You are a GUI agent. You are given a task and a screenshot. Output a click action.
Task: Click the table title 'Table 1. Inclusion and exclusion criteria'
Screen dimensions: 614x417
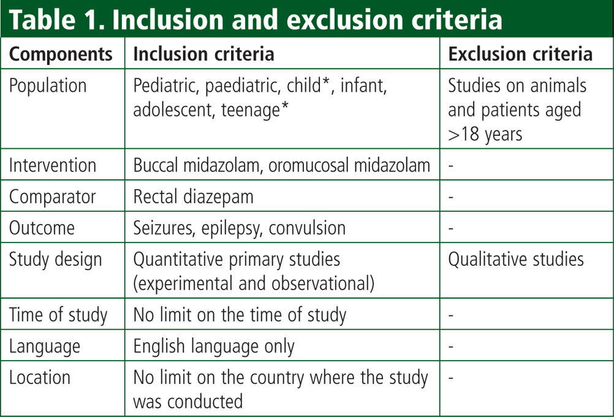pyautogui.click(x=256, y=20)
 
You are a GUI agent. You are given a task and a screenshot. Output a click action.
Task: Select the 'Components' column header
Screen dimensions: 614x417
pyautogui.click(x=61, y=54)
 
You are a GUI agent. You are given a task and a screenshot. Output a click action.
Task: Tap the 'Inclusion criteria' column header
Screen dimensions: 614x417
pyautogui.click(x=203, y=54)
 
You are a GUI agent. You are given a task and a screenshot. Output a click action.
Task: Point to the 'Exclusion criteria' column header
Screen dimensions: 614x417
pyautogui.click(x=520, y=54)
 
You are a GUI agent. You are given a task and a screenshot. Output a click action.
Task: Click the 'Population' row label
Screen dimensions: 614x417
pyautogui.click(x=48, y=86)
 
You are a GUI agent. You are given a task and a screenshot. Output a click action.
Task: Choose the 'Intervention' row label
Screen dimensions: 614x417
pyautogui.click(x=53, y=165)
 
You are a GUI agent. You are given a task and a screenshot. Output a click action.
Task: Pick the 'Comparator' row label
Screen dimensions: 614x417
pyautogui.click(x=52, y=197)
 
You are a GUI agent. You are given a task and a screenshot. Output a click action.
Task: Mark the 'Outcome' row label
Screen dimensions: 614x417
pyautogui.click(x=42, y=228)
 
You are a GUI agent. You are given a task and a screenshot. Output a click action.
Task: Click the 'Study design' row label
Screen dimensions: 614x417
pyautogui.click(x=55, y=260)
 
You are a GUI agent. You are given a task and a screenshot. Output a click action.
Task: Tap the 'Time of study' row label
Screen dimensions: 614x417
pyautogui.click(x=58, y=315)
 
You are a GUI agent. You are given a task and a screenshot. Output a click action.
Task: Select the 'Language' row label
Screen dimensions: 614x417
pyautogui.click(x=45, y=347)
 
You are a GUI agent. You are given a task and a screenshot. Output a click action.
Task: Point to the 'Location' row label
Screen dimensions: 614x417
pyautogui.click(x=40, y=378)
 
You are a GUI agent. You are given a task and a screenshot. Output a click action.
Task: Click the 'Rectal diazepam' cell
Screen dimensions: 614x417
pyautogui.click(x=194, y=197)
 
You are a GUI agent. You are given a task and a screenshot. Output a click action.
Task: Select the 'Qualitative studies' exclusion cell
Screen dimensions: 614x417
pyautogui.click(x=516, y=260)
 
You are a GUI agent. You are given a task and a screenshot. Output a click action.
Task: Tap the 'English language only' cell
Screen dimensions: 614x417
pyautogui.click(x=214, y=347)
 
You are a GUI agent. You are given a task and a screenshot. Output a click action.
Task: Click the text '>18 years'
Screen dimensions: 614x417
pyautogui.click(x=485, y=135)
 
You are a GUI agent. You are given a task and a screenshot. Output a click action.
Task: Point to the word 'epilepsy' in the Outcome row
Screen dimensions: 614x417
pyautogui.click(x=232, y=228)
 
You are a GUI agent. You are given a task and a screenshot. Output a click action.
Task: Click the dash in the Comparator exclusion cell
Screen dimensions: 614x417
pyautogui.click(x=451, y=197)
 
